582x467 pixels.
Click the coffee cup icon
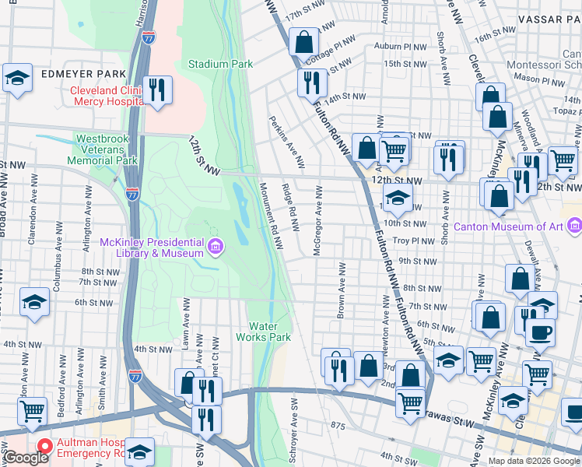coord(539,332)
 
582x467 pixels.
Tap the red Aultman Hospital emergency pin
coord(45,447)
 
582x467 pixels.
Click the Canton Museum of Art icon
coord(575,226)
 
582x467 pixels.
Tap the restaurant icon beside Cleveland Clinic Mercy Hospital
coord(158,90)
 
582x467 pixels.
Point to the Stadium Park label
coord(220,63)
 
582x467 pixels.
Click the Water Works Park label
coord(269,332)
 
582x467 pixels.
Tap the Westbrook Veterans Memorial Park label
coord(107,149)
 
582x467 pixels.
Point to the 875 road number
coord(337,426)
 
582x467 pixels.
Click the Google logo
coord(26,458)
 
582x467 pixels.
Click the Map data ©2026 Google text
coord(534,461)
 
